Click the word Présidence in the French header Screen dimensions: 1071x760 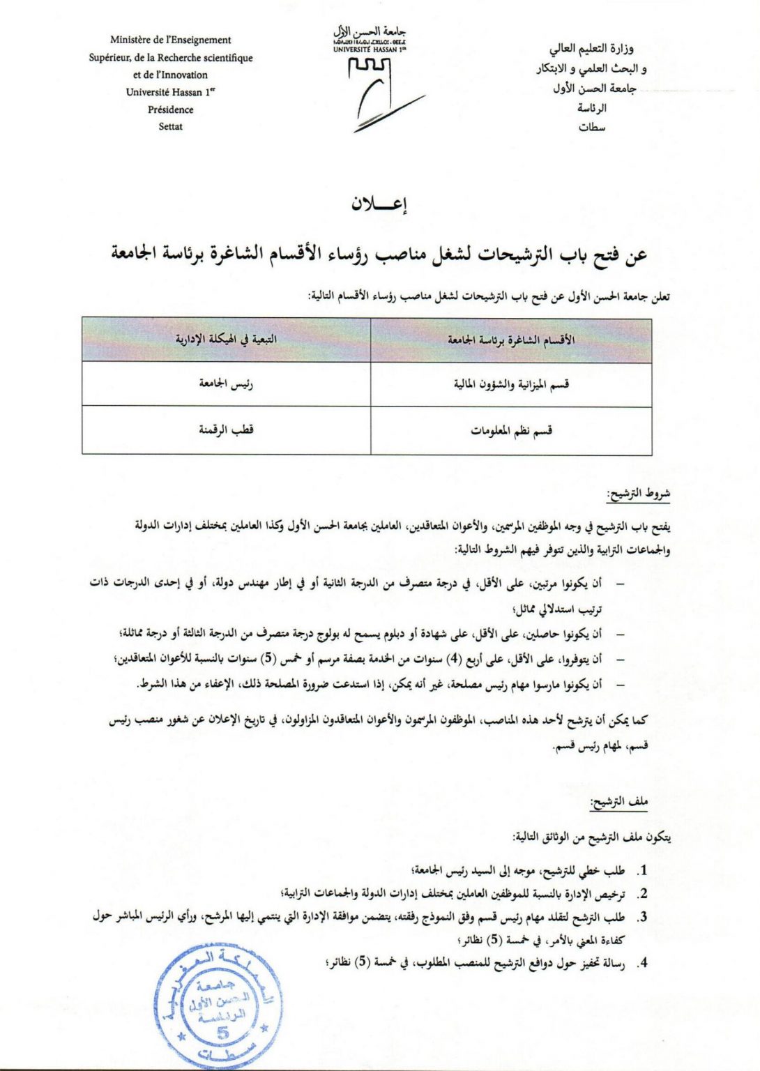pyautogui.click(x=170, y=109)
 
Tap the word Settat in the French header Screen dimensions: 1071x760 pyautogui.click(x=170, y=126)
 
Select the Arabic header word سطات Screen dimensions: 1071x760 pyautogui.click(x=592, y=128)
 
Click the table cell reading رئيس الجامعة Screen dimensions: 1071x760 pyautogui.click(x=226, y=383)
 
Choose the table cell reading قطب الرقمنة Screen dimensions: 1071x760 pyautogui.click(x=226, y=430)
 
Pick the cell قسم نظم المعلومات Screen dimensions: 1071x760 pyautogui.click(x=511, y=431)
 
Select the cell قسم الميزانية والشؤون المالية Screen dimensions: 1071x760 pyautogui.click(x=511, y=384)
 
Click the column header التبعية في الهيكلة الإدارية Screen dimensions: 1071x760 pyautogui.click(x=226, y=340)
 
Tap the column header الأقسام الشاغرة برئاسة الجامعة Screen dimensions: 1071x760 pyautogui.click(x=511, y=340)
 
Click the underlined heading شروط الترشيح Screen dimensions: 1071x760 pyautogui.click(x=639, y=495)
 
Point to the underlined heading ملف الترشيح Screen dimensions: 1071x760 pyautogui.click(x=619, y=803)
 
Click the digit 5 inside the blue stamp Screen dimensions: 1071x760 pyautogui.click(x=222, y=1033)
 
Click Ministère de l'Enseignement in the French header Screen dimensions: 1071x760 pyautogui.click(x=170, y=40)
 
